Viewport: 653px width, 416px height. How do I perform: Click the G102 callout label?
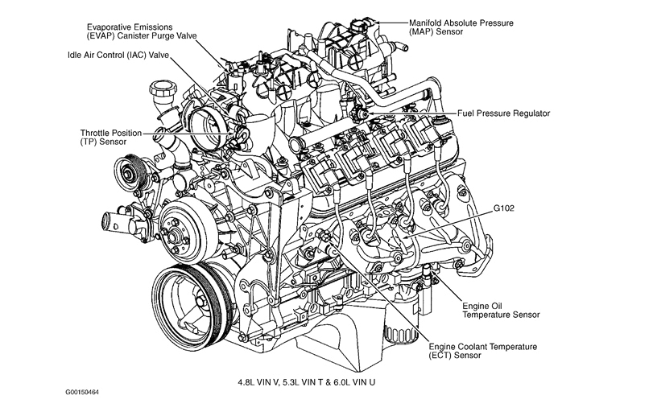(505, 208)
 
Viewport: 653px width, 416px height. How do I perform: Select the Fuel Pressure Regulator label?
(504, 113)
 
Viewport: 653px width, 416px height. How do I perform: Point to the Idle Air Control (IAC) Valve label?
(118, 56)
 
